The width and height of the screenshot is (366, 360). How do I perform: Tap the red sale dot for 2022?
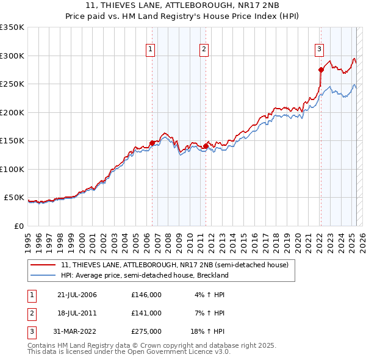click(x=321, y=70)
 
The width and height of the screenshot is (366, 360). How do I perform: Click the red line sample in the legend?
click(x=43, y=265)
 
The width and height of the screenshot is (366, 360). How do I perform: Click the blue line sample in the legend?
click(x=43, y=275)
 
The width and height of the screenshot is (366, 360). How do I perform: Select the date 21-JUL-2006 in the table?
click(x=77, y=295)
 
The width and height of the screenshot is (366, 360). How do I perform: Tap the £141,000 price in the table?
click(x=146, y=313)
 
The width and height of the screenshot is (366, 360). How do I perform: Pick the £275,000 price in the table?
click(x=146, y=331)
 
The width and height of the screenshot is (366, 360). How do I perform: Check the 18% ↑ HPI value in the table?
click(x=210, y=331)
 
